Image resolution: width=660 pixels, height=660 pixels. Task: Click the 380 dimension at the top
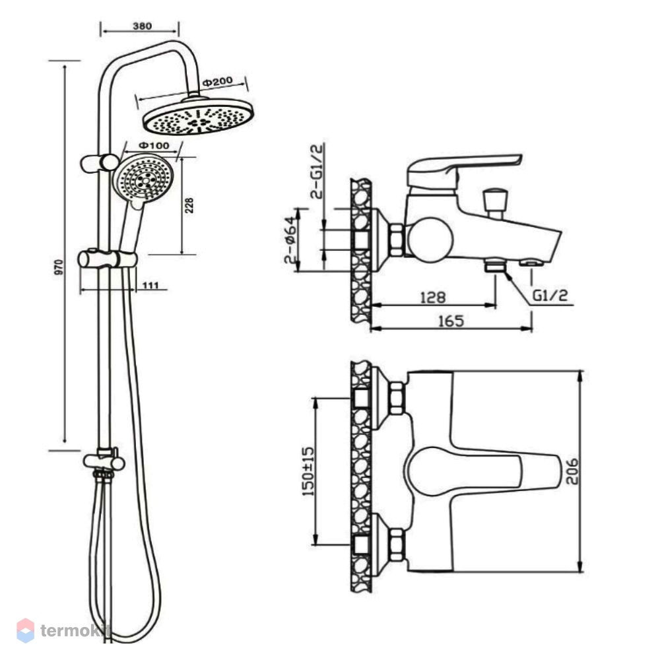tap(143, 26)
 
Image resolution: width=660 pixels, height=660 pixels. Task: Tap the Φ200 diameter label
tap(217, 81)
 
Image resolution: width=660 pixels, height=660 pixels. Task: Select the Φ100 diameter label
tap(154, 146)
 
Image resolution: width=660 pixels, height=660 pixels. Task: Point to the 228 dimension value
tap(189, 205)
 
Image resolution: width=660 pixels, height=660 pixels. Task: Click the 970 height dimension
tap(59, 268)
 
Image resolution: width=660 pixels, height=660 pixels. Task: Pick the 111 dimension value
tap(150, 285)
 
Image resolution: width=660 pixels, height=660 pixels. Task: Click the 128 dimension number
tap(433, 298)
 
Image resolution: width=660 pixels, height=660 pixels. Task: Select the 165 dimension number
tap(451, 321)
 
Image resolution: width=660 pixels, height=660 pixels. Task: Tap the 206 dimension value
tap(572, 471)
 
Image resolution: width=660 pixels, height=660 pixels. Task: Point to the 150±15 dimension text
tap(309, 471)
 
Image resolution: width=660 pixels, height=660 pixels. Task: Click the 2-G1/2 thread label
tap(317, 171)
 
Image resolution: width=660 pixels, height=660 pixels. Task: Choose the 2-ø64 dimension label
tap(290, 240)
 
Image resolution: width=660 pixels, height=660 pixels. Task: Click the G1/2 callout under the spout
tap(550, 295)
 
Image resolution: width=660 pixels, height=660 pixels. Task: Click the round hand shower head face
tap(143, 177)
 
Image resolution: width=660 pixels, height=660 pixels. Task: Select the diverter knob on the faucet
tap(496, 201)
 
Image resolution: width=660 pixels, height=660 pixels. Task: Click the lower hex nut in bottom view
tap(397, 545)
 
